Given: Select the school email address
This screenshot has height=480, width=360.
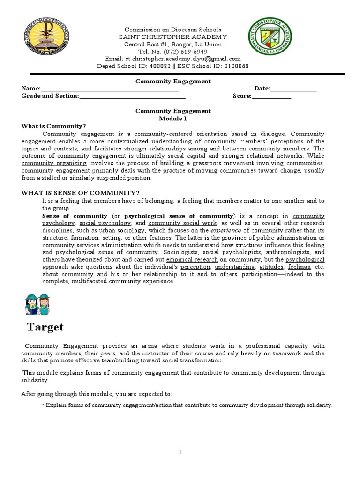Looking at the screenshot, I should pos(183,59).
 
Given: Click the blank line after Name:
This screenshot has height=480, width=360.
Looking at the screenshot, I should pos(110,89).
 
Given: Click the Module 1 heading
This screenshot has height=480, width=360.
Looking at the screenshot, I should pos(173,119).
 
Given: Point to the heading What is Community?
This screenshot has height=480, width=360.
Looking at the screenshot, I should pos(54,126).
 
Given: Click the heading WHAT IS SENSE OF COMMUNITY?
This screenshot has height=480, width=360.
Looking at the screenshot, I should pos(81,193).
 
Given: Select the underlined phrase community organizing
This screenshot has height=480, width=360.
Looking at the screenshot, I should pos(54,163).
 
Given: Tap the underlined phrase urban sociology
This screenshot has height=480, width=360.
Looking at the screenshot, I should pos(122,231).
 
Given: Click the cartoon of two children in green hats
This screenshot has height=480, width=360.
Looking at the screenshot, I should pos(37,304).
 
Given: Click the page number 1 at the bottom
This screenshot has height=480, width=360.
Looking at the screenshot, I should pos(179,451).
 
